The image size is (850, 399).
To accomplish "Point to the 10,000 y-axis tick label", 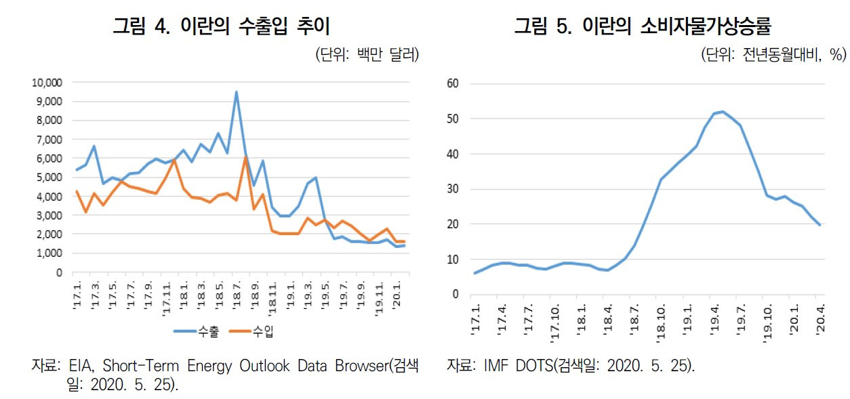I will (47, 83).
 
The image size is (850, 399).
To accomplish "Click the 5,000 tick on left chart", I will (49, 177).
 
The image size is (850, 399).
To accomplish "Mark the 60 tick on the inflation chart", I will (453, 84).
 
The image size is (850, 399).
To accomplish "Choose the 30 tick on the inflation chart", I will (453, 189).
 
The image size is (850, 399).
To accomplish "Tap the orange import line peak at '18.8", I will (245, 157).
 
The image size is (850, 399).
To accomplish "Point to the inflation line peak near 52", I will (723, 112).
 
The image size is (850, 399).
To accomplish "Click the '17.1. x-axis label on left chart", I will (77, 298).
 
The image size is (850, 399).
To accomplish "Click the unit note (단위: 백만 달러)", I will (367, 56).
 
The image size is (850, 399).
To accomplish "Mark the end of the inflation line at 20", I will (820, 225).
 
